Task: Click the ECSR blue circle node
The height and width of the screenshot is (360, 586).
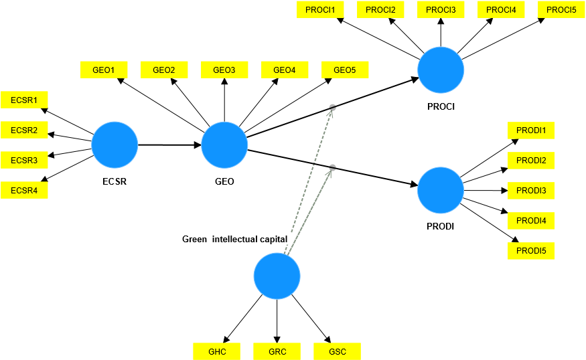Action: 115,145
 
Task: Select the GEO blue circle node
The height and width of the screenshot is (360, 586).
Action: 224,145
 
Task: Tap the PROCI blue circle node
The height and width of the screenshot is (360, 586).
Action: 441,70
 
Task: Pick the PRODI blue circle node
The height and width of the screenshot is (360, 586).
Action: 441,190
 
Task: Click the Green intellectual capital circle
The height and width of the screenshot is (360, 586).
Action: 277,276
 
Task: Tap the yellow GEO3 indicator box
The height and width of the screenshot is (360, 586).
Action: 224,70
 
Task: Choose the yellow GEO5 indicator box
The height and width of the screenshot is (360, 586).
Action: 345,70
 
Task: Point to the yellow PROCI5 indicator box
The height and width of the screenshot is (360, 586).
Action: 561,9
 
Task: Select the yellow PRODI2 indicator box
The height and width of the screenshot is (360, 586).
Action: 531,161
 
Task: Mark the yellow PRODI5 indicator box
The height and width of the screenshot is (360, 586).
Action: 531,251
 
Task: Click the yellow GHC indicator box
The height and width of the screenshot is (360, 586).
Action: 217,351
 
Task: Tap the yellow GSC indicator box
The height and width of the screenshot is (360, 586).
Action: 337,351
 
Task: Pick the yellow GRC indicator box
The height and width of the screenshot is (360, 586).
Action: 277,351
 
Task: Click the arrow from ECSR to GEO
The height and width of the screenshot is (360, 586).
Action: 169,145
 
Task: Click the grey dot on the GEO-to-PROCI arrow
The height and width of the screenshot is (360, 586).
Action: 331,107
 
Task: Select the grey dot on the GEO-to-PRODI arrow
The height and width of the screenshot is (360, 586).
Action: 332,167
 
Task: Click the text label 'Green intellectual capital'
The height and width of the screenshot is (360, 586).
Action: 234,239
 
